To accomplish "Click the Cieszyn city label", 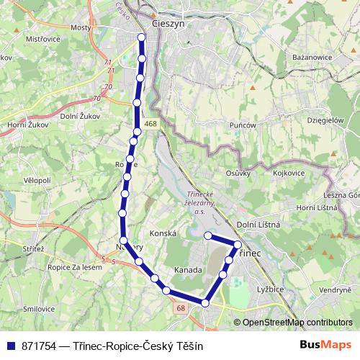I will (x=169, y=22).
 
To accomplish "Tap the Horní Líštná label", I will (x=318, y=207).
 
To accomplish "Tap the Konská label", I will (x=163, y=234).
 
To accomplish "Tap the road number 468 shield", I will (x=150, y=125).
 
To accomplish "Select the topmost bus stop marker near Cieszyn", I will (x=142, y=38).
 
